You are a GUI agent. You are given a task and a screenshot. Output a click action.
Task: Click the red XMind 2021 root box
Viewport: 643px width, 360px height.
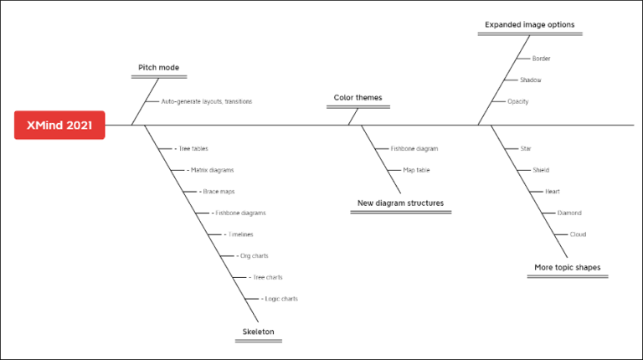coord(59,125)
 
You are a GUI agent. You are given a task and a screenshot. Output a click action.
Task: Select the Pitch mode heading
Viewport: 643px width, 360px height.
coord(158,68)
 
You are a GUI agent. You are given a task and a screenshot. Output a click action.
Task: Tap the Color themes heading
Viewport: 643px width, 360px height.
coord(358,98)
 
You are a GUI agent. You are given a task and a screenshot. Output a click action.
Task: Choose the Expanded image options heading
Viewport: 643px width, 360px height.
coord(530,25)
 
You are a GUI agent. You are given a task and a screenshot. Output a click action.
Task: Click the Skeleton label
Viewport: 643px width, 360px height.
coord(258,332)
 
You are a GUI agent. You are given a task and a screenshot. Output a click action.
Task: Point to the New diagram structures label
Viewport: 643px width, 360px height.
coord(400,203)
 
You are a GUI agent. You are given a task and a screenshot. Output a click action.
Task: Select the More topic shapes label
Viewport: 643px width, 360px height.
coord(567,268)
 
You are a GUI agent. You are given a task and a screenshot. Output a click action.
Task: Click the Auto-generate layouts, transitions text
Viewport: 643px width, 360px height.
coord(207,101)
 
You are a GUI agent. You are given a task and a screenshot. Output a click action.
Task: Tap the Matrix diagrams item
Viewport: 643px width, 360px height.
coord(212,170)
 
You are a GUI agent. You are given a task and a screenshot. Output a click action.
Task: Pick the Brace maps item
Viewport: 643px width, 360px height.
coord(219,192)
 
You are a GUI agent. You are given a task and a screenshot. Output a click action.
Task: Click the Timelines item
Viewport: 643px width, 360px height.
coord(240,234)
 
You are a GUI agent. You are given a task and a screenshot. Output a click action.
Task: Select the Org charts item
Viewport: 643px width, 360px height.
coord(254,256)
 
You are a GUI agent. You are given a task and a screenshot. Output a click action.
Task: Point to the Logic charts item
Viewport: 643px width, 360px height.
coord(280,299)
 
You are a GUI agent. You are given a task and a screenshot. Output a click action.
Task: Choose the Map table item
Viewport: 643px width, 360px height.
coord(416,170)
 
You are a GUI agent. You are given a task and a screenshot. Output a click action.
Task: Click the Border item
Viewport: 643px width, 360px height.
coord(541,59)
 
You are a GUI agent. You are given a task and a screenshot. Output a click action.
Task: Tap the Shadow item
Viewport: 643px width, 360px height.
coord(530,80)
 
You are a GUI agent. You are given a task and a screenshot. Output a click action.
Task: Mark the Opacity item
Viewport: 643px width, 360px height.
coord(517,101)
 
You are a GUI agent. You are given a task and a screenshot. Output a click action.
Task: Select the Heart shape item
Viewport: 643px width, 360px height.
coord(553,192)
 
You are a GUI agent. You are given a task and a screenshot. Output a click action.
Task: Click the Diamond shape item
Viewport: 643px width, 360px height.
coord(568,213)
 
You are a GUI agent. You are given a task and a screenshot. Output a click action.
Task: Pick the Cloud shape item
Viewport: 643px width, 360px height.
coord(578,234)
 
